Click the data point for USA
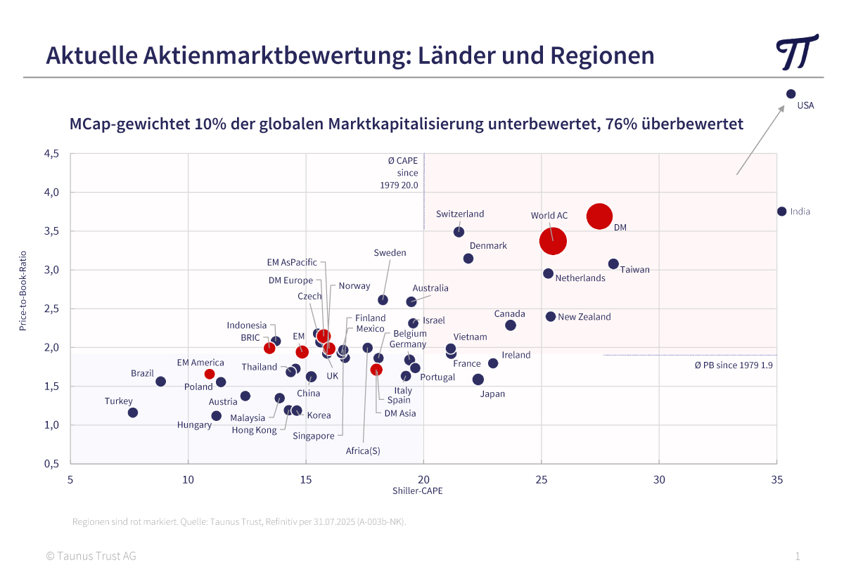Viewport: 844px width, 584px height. [x=791, y=93]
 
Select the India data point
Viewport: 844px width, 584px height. [x=781, y=212]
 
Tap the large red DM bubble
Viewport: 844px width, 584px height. [x=599, y=216]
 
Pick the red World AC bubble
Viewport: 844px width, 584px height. [x=553, y=241]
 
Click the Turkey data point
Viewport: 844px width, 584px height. [x=133, y=413]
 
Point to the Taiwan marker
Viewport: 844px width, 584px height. [x=613, y=264]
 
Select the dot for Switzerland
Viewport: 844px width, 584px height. [x=459, y=232]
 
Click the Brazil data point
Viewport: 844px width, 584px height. [x=160, y=382]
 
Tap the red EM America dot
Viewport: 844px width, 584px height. [x=210, y=374]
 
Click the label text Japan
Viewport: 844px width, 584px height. [x=492, y=394]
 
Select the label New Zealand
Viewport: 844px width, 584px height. [x=584, y=317]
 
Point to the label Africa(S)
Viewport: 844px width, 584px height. [x=363, y=451]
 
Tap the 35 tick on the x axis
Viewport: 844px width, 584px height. [x=776, y=480]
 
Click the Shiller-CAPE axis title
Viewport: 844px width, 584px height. [x=418, y=491]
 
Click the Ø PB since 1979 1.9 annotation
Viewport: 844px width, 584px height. [x=734, y=365]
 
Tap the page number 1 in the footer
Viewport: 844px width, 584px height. [x=798, y=557]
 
